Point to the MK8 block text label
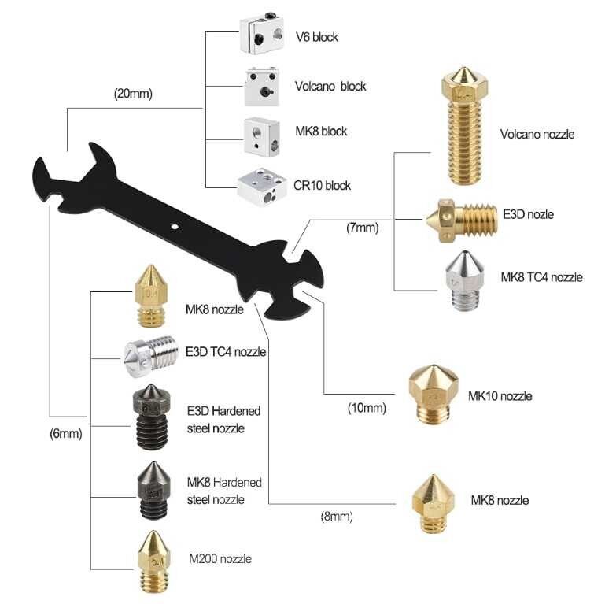coord(320,131)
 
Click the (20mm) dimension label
coord(133,94)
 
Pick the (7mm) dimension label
coord(362,228)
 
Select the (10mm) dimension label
coord(367,408)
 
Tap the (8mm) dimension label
coord(337,517)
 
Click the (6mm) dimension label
coord(66,432)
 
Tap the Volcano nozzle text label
coord(532,134)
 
